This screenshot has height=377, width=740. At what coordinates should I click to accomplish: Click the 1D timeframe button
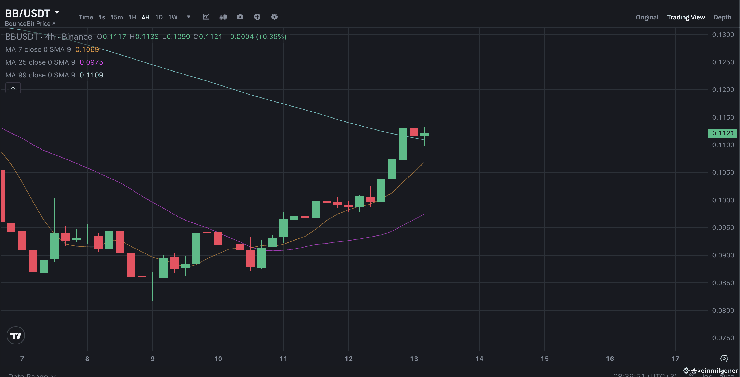[x=159, y=17]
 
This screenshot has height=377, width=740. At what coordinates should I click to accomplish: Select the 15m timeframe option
[x=117, y=17]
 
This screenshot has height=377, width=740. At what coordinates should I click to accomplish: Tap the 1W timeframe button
[x=173, y=17]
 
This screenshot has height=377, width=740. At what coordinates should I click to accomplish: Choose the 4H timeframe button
[x=145, y=17]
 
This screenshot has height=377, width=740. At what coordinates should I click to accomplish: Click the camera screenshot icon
[x=240, y=17]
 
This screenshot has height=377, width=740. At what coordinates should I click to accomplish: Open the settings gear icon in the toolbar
[x=274, y=17]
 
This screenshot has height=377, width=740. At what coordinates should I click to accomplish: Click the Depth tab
[x=722, y=17]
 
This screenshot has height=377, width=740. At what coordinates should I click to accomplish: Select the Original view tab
[x=647, y=17]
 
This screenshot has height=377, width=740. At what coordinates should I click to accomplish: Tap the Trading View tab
[x=686, y=17]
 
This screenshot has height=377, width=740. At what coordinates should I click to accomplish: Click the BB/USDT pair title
[x=28, y=13]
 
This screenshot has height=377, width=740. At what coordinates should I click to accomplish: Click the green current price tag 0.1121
[x=723, y=133]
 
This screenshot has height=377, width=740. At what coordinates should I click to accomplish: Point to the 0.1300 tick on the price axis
[x=723, y=35]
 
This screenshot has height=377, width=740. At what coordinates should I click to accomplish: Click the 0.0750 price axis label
[x=723, y=338]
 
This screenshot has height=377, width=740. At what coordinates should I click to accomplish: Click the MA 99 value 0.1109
[x=91, y=75]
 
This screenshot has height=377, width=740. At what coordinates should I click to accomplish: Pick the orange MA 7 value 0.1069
[x=87, y=49]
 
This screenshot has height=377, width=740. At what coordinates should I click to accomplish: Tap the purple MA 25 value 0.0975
[x=91, y=62]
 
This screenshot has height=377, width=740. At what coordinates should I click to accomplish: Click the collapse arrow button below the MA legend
[x=13, y=88]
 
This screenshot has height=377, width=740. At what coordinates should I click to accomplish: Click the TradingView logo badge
[x=15, y=335]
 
